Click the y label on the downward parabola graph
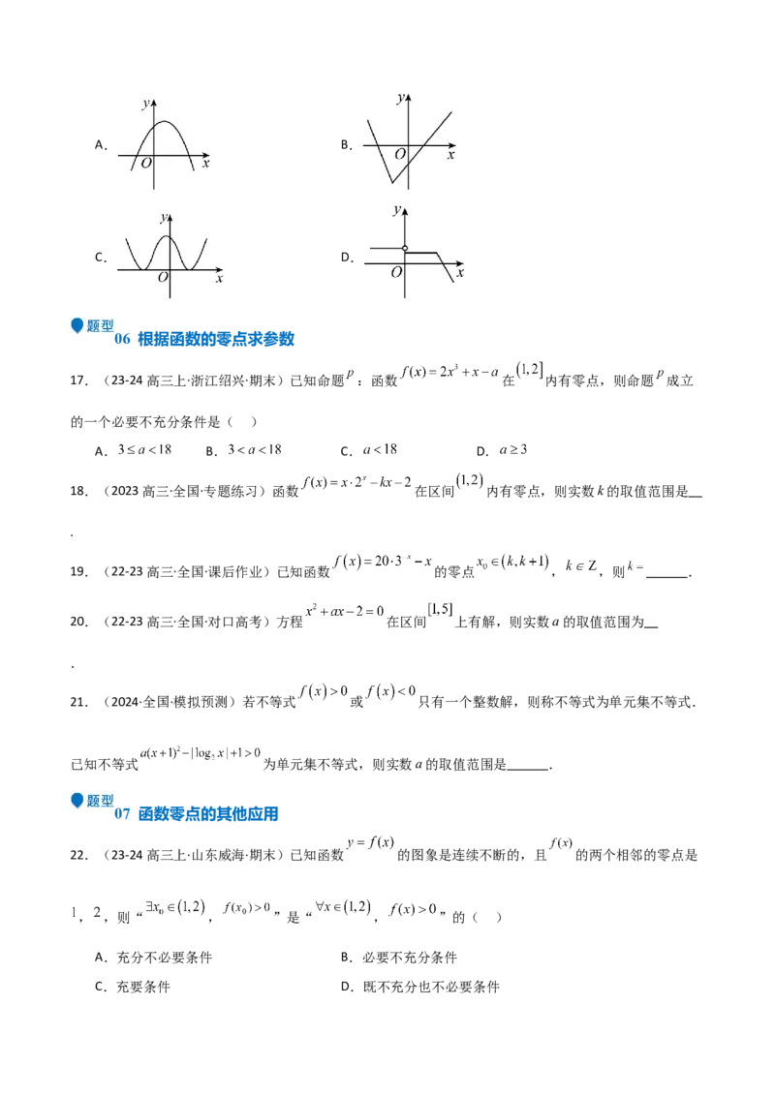coord(145,103)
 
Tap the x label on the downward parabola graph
coord(208,164)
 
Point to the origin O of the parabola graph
coord(145,164)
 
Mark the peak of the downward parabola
coord(165,122)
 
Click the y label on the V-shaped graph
coord(400,98)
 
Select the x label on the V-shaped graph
coord(451,155)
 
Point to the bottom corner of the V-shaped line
coord(390,181)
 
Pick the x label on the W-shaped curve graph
coord(219,279)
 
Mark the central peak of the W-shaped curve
coord(168,236)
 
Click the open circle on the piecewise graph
coord(405,249)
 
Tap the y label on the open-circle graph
coord(397,210)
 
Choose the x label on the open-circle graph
coord(459,272)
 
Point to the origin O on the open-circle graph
coord(396,272)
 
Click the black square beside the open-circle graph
coord(349,256)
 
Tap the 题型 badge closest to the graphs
coord(89,327)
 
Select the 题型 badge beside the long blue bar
coord(89,801)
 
